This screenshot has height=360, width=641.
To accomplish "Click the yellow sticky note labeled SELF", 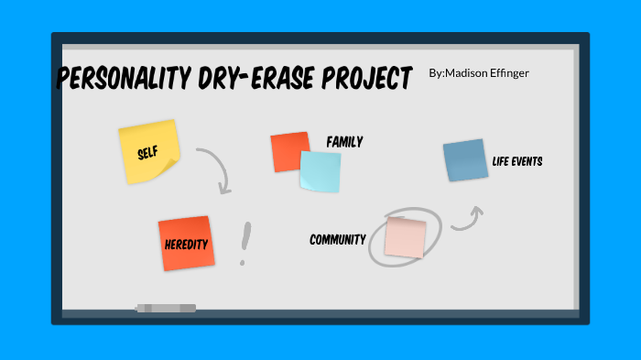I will [x=149, y=150].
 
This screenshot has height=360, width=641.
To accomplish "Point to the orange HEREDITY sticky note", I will [x=186, y=244].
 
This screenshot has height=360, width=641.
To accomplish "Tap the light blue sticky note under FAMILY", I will [x=320, y=171].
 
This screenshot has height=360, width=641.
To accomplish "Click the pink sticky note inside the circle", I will [x=405, y=236].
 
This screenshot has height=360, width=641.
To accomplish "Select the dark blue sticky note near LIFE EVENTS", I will [x=465, y=160].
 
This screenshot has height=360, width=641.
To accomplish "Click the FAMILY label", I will [x=344, y=142].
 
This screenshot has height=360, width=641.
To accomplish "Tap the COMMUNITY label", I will [x=337, y=240].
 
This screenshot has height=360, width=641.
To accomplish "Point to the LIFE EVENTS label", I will [x=517, y=161].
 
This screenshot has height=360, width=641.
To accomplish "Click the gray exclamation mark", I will [x=244, y=243].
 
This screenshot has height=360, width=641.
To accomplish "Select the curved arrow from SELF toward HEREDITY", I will [x=216, y=169].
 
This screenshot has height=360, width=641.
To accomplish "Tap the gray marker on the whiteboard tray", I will [x=166, y=308].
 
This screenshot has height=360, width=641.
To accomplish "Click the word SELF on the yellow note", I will [x=148, y=152].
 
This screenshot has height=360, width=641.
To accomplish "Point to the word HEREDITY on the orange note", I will [x=186, y=245].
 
